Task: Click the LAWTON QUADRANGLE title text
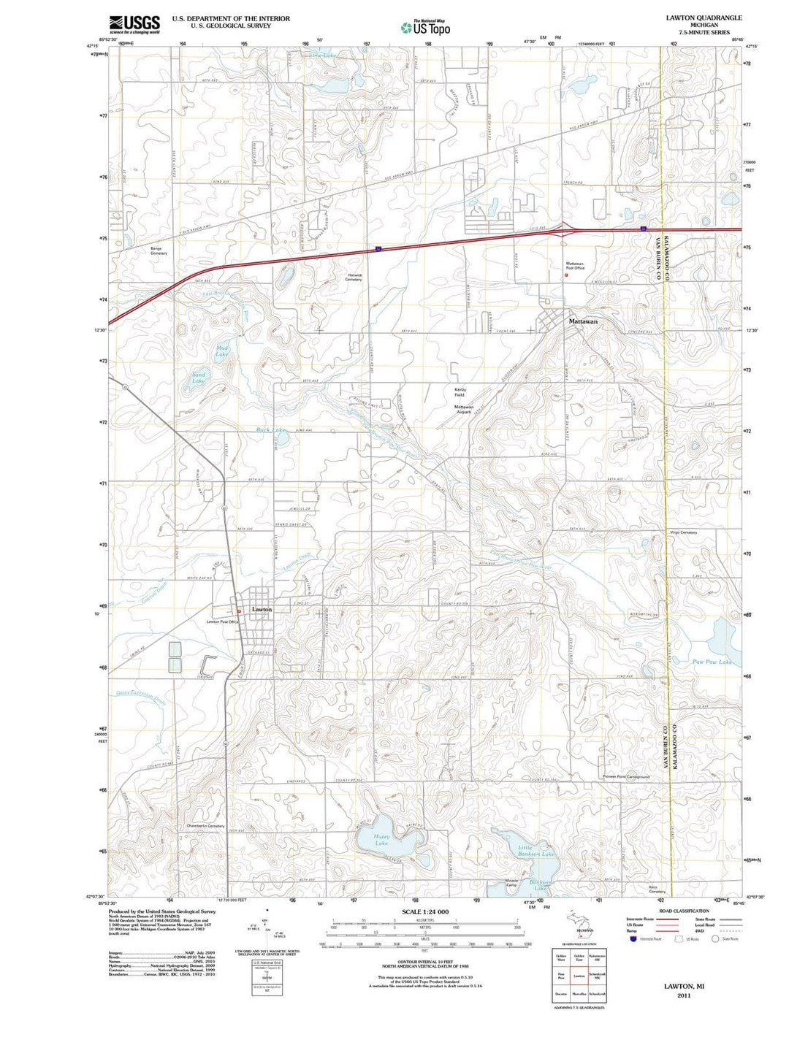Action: pyautogui.click(x=704, y=18)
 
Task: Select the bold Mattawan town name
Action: pyautogui.click(x=583, y=321)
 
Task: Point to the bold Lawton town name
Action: pyautogui.click(x=262, y=609)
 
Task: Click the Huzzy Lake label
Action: pyautogui.click(x=381, y=840)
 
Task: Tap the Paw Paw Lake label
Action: pyautogui.click(x=712, y=662)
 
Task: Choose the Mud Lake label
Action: pyautogui.click(x=222, y=352)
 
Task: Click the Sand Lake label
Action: pyautogui.click(x=199, y=378)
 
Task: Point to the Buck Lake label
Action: pyautogui.click(x=271, y=430)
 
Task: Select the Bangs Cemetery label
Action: pyautogui.click(x=159, y=252)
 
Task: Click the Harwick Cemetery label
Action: pyautogui.click(x=354, y=278)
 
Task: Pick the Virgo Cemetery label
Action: pyautogui.click(x=683, y=532)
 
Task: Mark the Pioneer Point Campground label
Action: pyautogui.click(x=626, y=777)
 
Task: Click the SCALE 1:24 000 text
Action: pyautogui.click(x=424, y=912)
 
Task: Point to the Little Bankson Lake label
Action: pyautogui.click(x=537, y=851)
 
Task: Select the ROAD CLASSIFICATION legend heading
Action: pyautogui.click(x=684, y=911)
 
